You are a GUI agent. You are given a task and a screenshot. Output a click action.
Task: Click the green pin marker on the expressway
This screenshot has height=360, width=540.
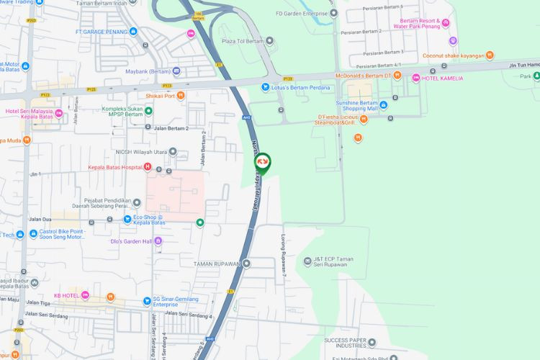(x=262, y=163)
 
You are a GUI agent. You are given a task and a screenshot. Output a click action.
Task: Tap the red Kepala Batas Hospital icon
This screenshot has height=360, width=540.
(x=148, y=167)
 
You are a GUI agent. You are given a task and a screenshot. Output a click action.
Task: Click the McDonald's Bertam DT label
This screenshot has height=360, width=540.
(x=364, y=76)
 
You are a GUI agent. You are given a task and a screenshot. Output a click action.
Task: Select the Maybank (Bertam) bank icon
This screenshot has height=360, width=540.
(x=176, y=71)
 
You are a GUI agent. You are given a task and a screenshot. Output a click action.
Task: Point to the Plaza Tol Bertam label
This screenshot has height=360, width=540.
(x=243, y=41)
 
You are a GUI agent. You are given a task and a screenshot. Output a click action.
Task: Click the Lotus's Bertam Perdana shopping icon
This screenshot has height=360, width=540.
(x=264, y=87)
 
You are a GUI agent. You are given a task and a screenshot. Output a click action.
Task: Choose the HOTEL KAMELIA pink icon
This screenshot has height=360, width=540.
(x=416, y=78)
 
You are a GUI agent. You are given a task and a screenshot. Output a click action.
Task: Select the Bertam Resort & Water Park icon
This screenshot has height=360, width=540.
(x=445, y=22)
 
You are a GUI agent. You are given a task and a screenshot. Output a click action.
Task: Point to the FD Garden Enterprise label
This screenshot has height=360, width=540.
(x=302, y=13)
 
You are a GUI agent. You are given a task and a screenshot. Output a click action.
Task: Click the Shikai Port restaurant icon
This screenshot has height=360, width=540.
(x=181, y=96)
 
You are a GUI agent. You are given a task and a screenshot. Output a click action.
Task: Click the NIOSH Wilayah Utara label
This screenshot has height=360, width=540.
(x=141, y=152)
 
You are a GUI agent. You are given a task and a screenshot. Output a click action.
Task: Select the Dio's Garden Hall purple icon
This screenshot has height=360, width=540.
(x=158, y=241)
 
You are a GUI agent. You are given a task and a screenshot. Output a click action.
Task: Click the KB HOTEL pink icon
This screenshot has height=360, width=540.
(x=85, y=296)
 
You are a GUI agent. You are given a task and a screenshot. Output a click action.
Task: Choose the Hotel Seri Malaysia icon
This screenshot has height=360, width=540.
(x=58, y=113)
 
